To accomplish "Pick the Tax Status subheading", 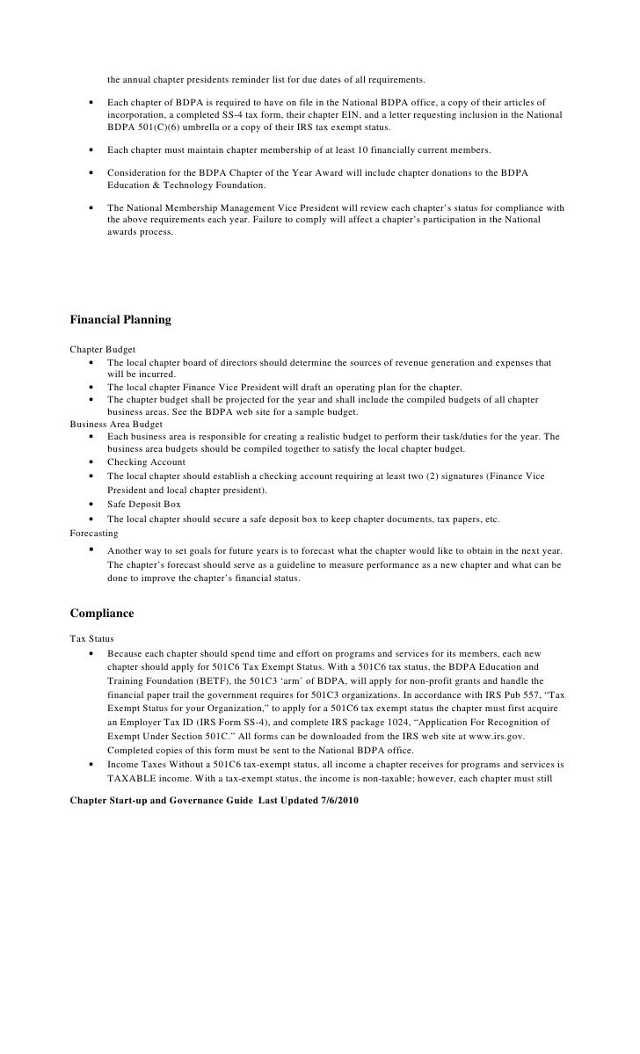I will pyautogui.click(x=91, y=638).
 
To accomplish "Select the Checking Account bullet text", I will pyautogui.click(x=146, y=462).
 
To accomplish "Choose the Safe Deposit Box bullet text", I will pyautogui.click(x=143, y=505).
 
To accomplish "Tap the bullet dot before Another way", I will pyautogui.click(x=92, y=550).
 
